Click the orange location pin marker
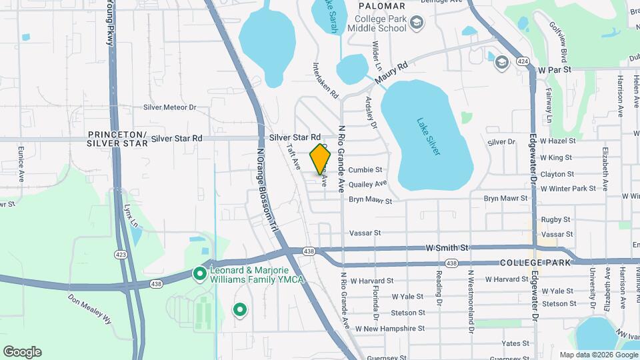point(321,159)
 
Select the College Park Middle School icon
point(417,23)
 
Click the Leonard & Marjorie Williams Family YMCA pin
point(199,273)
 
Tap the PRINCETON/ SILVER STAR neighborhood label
point(117,138)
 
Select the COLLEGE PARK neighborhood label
point(535,263)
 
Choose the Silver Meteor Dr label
point(170,107)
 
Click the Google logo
point(22,352)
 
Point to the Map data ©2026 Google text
point(597,355)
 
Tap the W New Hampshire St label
point(389,329)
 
